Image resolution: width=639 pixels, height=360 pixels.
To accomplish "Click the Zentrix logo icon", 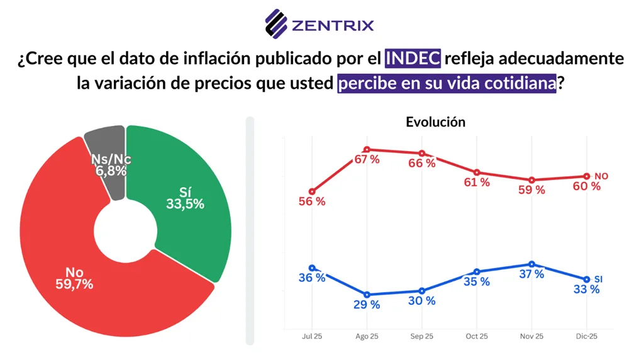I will pos(276,24).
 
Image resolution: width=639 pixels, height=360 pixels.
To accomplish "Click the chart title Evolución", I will pos(435,122).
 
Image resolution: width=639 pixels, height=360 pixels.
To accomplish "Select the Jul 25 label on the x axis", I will pos(312,337).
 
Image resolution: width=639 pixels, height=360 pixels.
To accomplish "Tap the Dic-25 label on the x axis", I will pos(586,337).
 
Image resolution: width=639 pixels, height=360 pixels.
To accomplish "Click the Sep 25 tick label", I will pos(421,337).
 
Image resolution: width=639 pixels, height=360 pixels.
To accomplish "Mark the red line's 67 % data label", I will pos(367,160).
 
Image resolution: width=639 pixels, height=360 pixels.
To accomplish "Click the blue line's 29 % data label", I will pos(367,305).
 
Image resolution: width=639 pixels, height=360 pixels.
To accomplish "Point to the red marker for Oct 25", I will pos(477,172).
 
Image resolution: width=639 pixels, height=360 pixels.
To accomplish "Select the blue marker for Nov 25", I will pos(532,264).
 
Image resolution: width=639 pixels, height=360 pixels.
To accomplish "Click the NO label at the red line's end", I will pos(601,176).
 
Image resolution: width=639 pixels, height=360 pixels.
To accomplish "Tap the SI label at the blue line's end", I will pos(599,279).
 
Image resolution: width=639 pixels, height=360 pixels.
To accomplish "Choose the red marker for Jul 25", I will pos(312,191).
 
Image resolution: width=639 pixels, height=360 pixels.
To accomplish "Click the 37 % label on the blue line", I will pos(532,274).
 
